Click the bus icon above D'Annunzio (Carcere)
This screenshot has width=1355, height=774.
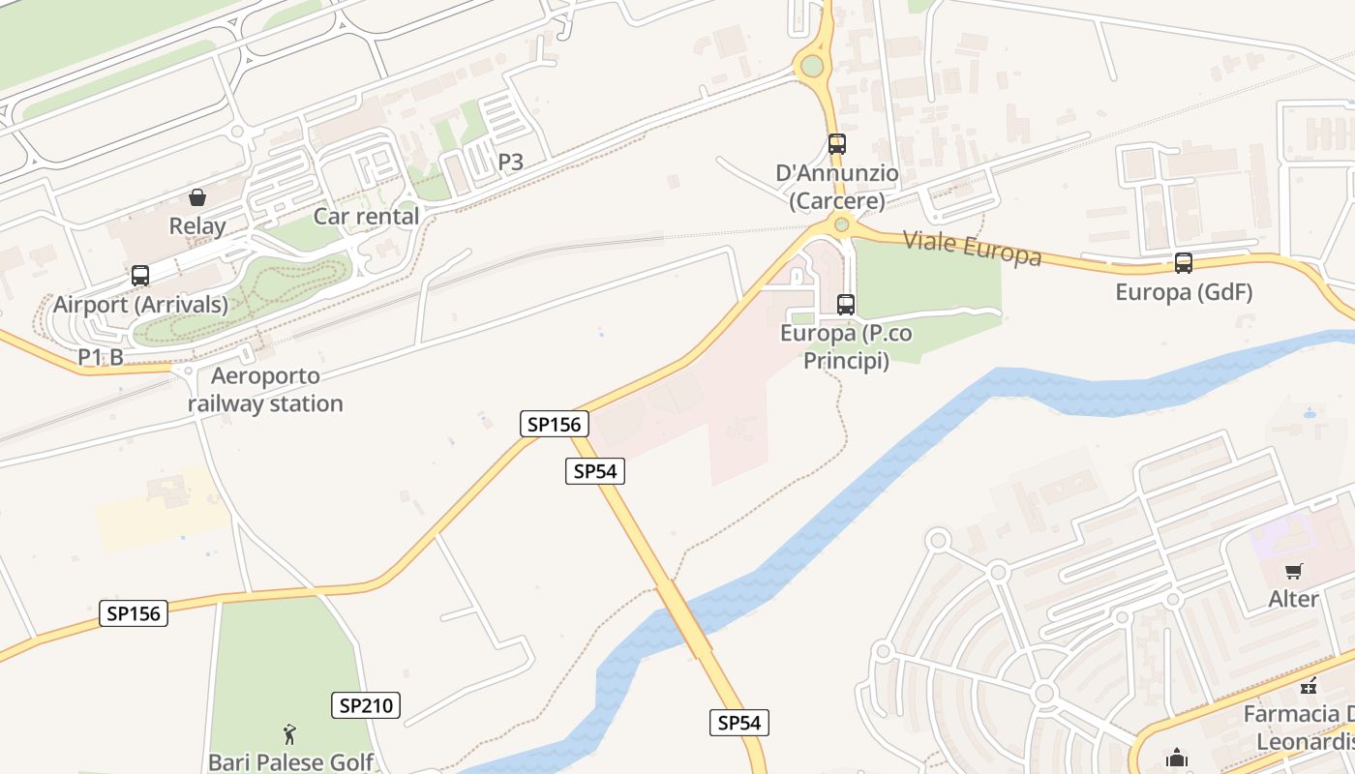pyautogui.click(x=837, y=144)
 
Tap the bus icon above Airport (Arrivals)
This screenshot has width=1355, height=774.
pyautogui.click(x=140, y=276)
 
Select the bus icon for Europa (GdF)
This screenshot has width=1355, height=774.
pyautogui.click(x=1183, y=262)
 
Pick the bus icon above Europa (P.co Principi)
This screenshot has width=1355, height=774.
pyautogui.click(x=846, y=305)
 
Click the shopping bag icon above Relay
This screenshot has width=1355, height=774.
pyautogui.click(x=197, y=197)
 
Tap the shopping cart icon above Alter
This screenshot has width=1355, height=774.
pyautogui.click(x=1293, y=571)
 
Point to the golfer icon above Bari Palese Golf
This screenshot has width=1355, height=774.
pyautogui.click(x=289, y=734)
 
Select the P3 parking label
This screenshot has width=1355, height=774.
pyautogui.click(x=511, y=162)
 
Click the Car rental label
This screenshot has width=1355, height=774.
pyautogui.click(x=366, y=216)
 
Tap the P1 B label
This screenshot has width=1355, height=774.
pyautogui.click(x=101, y=357)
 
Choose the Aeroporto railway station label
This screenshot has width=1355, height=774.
pyautogui.click(x=265, y=390)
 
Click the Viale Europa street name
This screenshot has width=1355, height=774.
pyautogui.click(x=972, y=248)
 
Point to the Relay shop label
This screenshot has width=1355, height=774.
pyautogui.click(x=197, y=226)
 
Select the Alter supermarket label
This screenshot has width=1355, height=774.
pyautogui.click(x=1294, y=599)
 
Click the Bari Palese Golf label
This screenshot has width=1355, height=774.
pyautogui.click(x=290, y=761)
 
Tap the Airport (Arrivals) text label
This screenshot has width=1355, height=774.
pyautogui.click(x=140, y=305)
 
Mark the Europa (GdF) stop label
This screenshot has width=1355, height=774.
pyautogui.click(x=1184, y=291)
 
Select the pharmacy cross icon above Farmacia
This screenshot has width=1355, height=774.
pyautogui.click(x=1310, y=686)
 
